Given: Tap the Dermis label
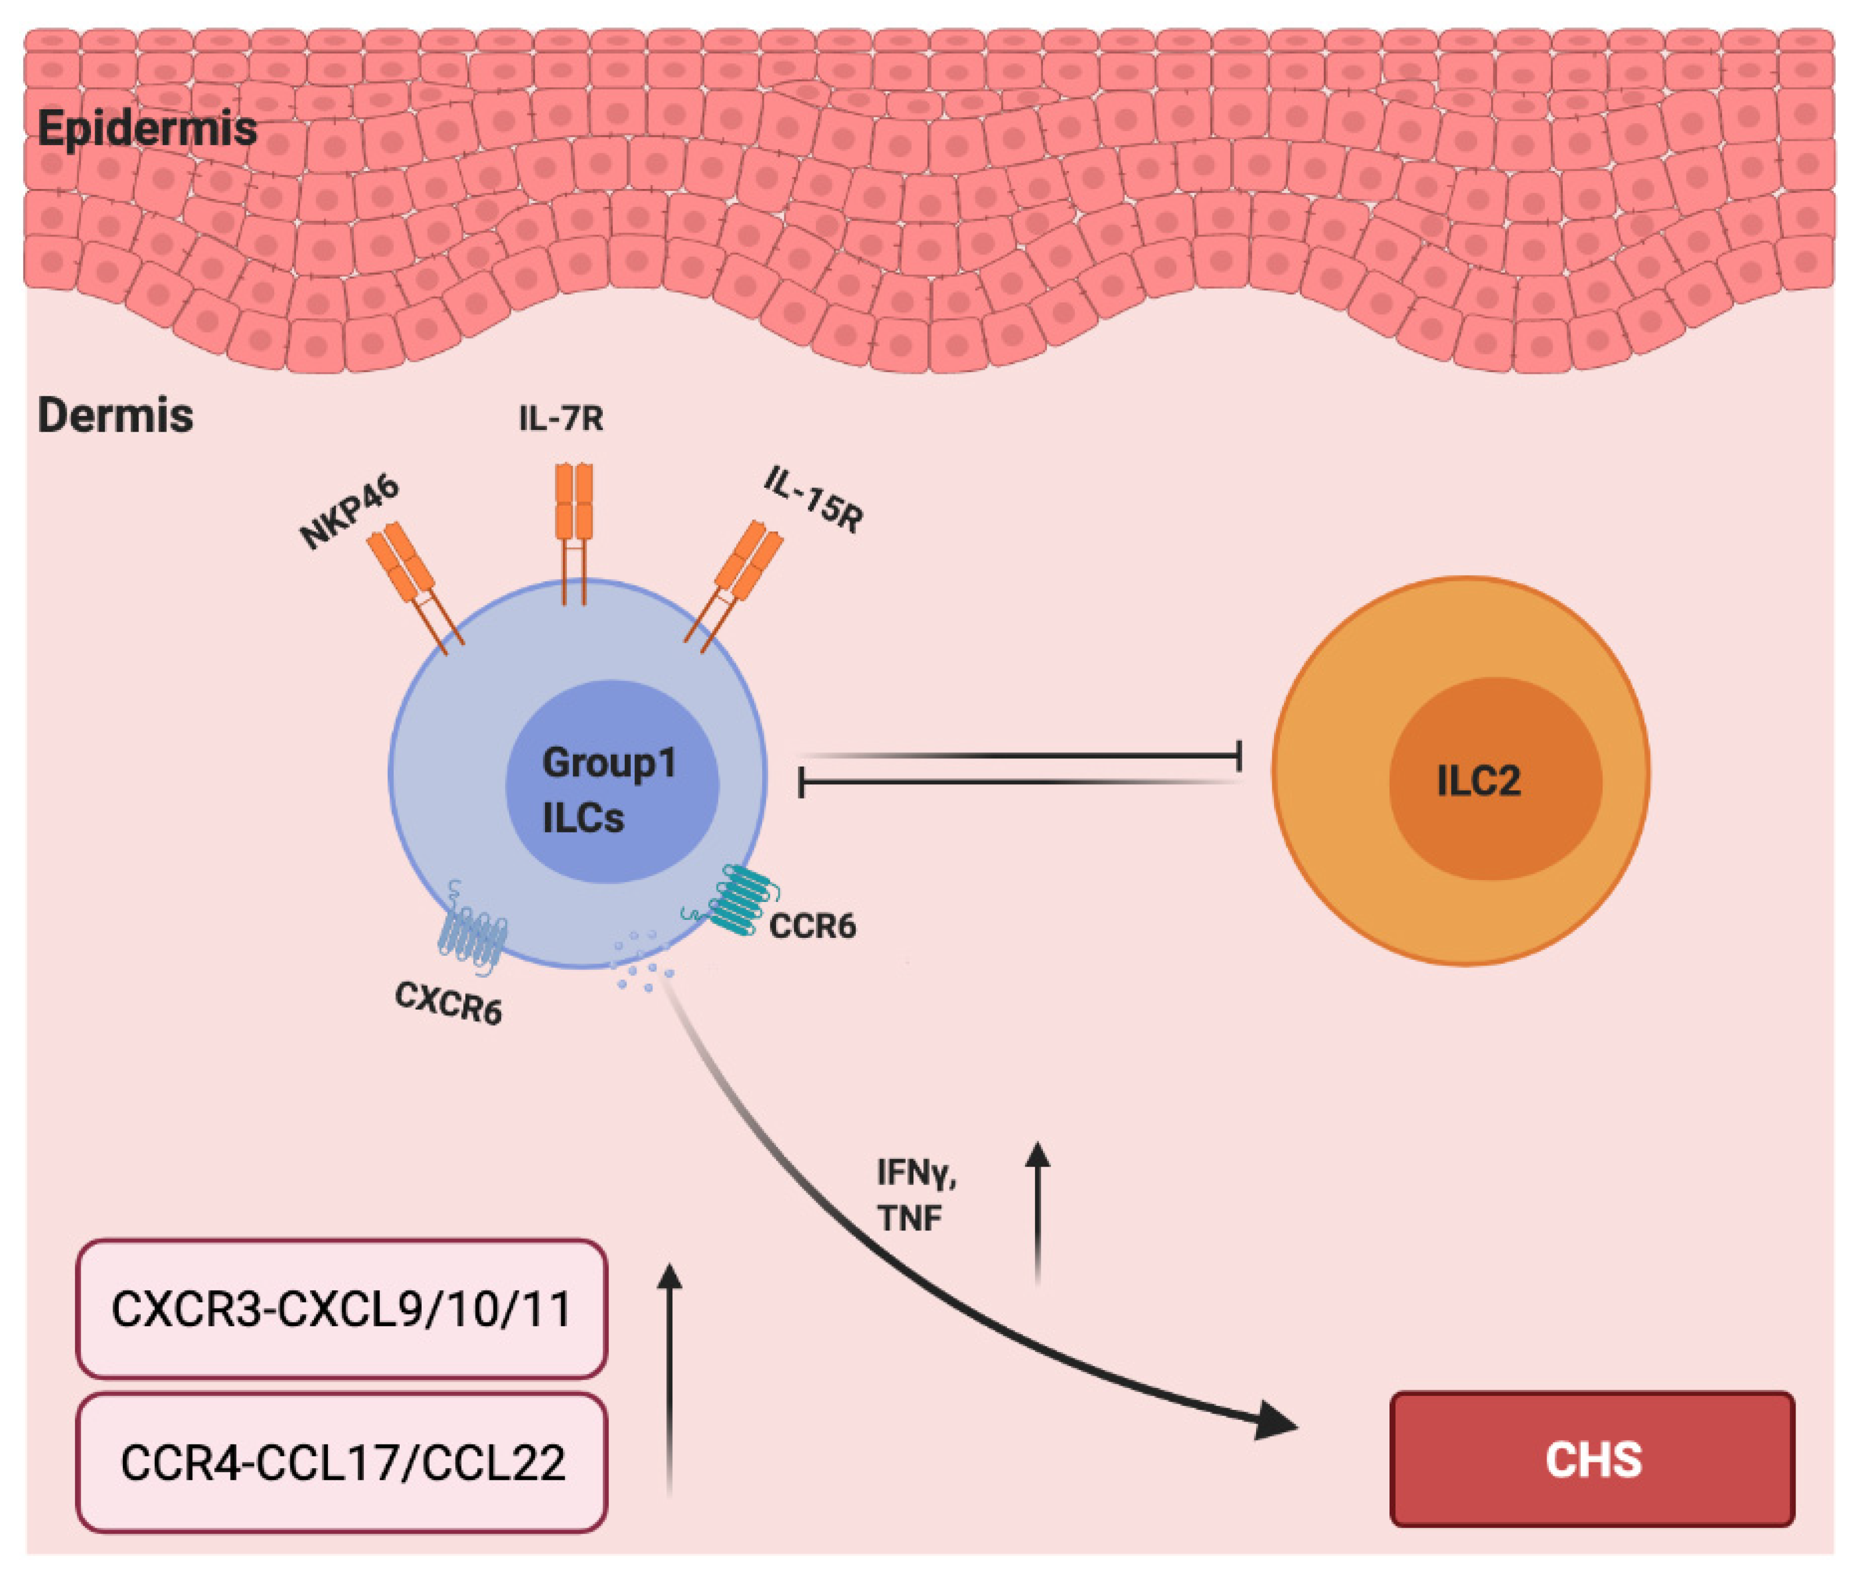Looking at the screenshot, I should click(116, 416).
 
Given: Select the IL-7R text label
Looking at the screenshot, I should click(561, 418).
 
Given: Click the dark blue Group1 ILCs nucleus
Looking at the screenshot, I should click(612, 781).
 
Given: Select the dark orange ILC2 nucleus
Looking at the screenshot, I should click(1494, 779).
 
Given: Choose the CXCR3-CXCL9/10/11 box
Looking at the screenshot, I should click(341, 1309).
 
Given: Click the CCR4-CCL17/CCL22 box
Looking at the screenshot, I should click(341, 1463).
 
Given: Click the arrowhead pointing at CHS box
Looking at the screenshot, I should click(1273, 1420).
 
